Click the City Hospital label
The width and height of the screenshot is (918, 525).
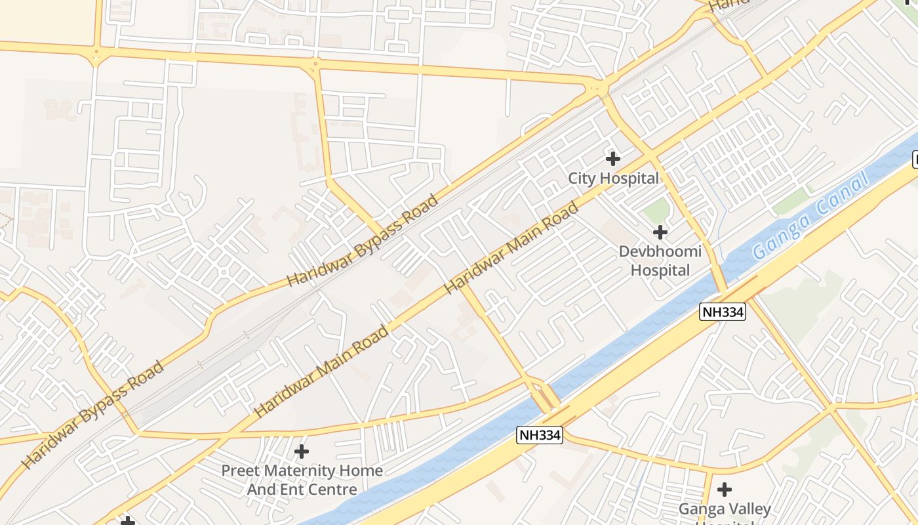613,178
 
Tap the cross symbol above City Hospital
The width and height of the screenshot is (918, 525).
613,158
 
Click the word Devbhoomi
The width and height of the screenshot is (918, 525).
660,251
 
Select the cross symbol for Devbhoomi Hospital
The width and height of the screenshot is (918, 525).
660,232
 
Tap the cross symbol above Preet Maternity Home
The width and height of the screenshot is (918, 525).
302,451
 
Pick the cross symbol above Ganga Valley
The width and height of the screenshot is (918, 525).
725,489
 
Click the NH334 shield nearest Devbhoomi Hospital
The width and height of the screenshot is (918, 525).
723,312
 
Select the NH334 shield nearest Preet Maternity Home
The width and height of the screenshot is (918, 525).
540,434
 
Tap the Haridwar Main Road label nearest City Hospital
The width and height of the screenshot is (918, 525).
512,248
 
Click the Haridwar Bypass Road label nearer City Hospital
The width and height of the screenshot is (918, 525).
363,241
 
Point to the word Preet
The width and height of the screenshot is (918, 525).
237,471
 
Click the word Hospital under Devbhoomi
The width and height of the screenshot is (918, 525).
660,270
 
